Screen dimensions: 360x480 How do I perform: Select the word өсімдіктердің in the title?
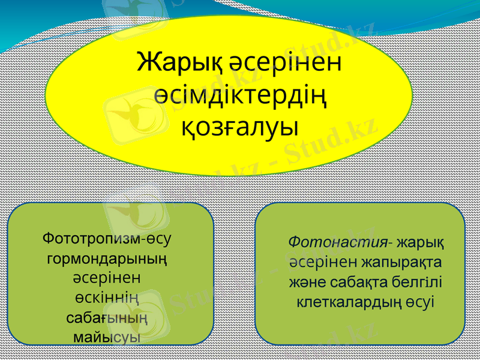[x=240, y=95]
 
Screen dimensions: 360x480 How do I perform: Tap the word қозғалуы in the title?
[x=240, y=127]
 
